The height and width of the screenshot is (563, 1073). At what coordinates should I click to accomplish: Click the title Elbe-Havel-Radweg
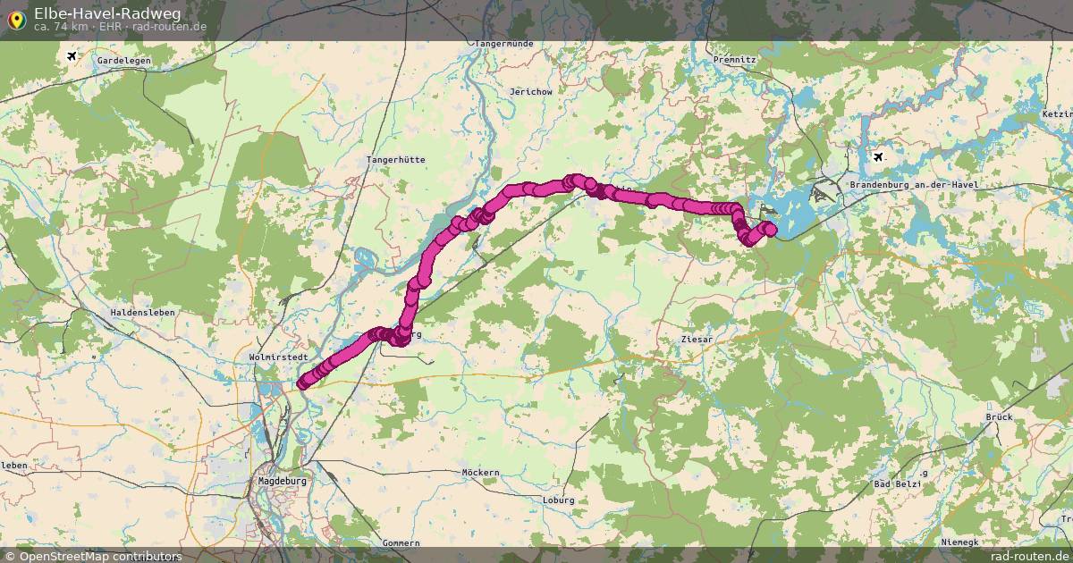(x=107, y=13)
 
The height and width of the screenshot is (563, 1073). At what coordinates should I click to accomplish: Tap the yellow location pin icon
(x=16, y=19)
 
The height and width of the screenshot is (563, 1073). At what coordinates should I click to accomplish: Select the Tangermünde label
(x=505, y=44)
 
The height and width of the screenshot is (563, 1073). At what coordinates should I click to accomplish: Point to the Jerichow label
(x=530, y=92)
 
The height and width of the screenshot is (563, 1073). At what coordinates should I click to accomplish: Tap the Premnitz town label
(x=735, y=59)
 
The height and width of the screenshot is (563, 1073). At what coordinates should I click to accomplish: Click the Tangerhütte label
(x=396, y=160)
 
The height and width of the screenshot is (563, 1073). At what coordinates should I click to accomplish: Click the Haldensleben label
(x=142, y=313)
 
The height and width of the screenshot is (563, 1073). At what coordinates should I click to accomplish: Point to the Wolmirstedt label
(x=275, y=357)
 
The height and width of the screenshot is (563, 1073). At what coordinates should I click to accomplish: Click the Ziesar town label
(x=697, y=340)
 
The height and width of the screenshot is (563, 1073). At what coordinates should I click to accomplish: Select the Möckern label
(x=480, y=472)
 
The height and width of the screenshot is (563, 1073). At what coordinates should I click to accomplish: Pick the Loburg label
(x=558, y=500)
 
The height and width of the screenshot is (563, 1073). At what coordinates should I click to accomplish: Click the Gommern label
(x=400, y=542)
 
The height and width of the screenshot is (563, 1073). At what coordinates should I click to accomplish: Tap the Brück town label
(x=999, y=417)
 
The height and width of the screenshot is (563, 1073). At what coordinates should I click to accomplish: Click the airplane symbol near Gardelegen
(x=72, y=56)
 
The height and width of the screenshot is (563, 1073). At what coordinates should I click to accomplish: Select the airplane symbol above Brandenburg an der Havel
(x=878, y=157)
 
